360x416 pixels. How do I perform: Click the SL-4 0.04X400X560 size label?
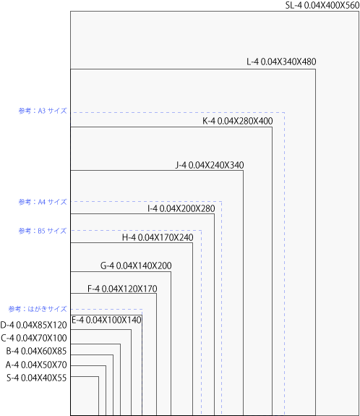click(322, 5)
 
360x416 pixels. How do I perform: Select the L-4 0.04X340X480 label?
click(281, 61)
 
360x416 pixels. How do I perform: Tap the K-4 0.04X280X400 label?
click(238, 121)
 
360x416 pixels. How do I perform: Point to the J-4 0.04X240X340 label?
click(210, 165)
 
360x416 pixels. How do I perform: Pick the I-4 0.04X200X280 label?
click(181, 208)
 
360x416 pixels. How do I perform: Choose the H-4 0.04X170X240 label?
click(158, 237)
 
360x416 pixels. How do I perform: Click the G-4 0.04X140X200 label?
click(136, 266)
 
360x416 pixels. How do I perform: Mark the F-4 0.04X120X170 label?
click(122, 289)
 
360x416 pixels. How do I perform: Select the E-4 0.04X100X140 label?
click(106, 320)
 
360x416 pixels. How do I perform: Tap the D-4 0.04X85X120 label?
click(33, 325)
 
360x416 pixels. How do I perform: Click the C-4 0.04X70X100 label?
click(34, 338)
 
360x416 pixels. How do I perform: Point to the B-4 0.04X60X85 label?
click(36, 352)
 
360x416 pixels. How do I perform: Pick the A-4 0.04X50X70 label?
click(36, 365)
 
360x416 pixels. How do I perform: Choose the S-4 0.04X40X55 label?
click(37, 378)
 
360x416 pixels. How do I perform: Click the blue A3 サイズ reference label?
click(43, 111)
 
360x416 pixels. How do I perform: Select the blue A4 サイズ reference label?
click(43, 202)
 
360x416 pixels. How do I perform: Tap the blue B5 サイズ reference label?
click(43, 231)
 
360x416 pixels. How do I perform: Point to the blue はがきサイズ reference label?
click(38, 309)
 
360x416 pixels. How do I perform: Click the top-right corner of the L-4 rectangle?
click(315, 69)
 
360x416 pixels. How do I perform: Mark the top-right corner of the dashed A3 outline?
click(284, 112)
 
